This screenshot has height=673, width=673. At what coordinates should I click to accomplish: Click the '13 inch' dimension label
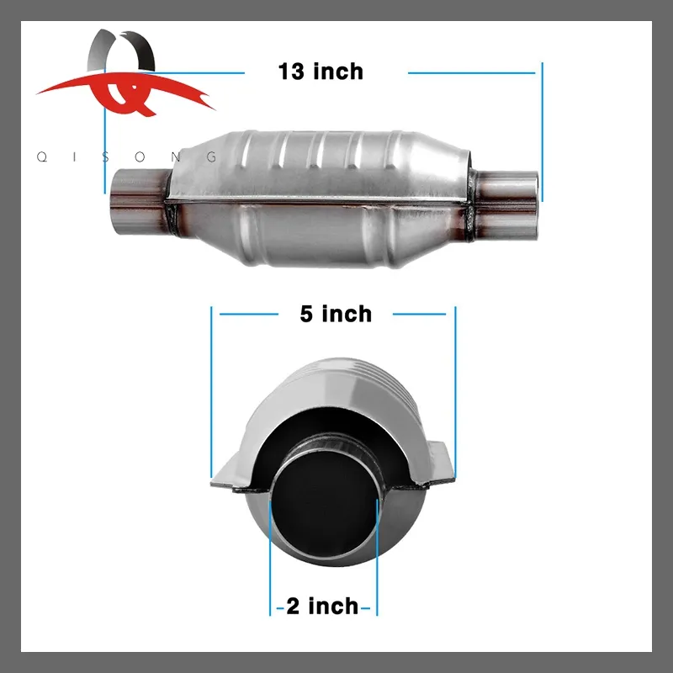click(x=321, y=72)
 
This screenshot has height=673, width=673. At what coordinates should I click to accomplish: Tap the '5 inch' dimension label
click(x=335, y=314)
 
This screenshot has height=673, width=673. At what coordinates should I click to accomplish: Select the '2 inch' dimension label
click(x=322, y=606)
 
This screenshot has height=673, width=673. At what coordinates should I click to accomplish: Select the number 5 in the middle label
click(x=307, y=314)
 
